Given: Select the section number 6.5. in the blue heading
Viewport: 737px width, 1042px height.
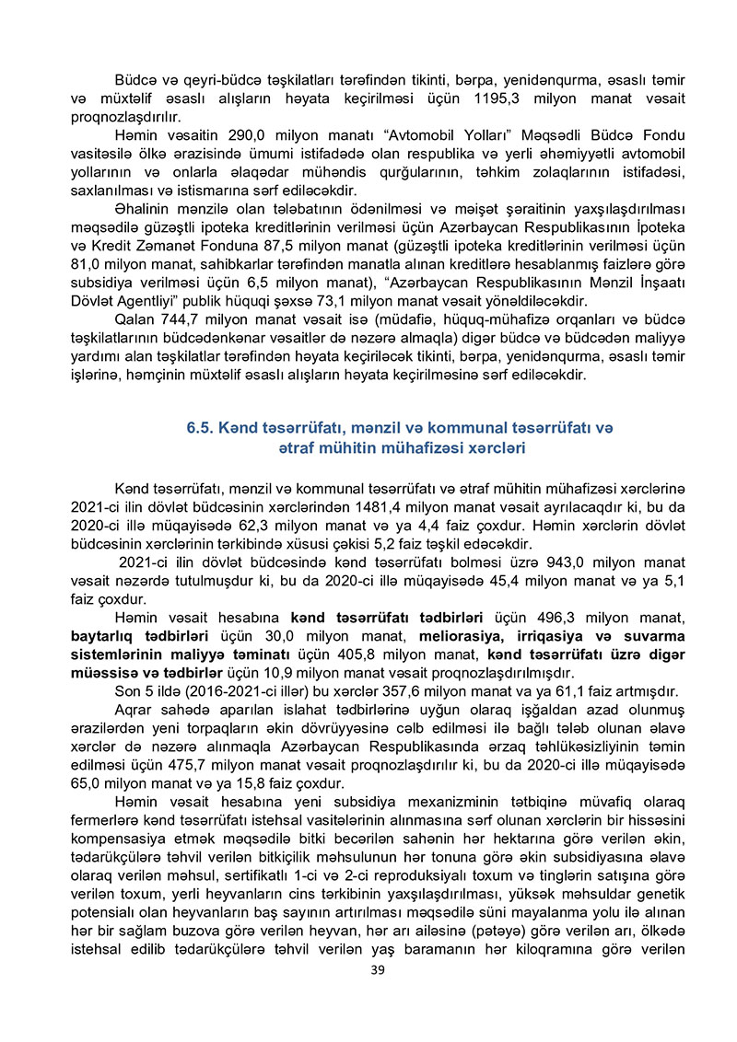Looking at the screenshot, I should click(x=202, y=428).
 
